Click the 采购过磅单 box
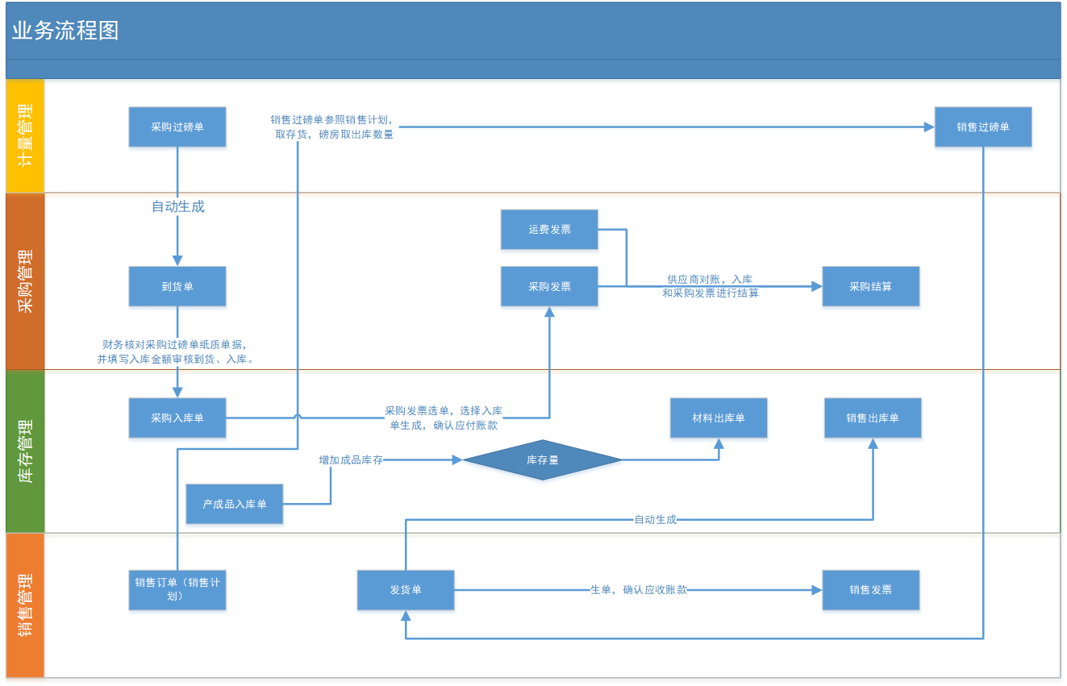tap(177, 127)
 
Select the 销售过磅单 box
tap(983, 127)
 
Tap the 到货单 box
tap(177, 286)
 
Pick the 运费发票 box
tap(549, 230)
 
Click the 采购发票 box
tap(549, 286)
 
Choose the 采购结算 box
tap(870, 286)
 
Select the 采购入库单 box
tap(177, 418)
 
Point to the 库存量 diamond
tap(543, 460)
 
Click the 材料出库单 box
tap(719, 418)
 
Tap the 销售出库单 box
tap(873, 418)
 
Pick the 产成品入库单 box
tap(235, 505)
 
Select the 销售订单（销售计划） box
tap(177, 589)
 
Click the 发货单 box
tap(406, 590)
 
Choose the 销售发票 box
tap(870, 590)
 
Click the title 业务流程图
tap(65, 31)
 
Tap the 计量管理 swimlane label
tap(25, 135)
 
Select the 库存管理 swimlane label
tap(25, 451)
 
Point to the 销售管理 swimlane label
tap(25, 605)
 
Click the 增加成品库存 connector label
tap(351, 460)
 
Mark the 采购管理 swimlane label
tap(25, 281)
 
